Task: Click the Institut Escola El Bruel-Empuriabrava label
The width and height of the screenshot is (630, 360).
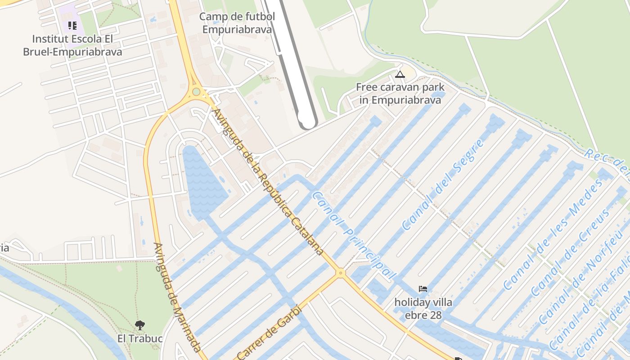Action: (72, 45)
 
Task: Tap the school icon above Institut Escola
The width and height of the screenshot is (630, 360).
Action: (72, 25)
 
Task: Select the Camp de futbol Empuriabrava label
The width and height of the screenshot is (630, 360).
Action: (237, 23)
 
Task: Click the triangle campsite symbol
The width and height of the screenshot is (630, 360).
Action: (400, 74)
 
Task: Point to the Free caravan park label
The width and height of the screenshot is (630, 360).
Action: (400, 94)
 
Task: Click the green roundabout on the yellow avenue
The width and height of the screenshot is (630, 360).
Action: (196, 92)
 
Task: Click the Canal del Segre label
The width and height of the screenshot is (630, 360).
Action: (443, 184)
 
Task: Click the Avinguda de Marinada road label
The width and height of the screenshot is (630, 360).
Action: (177, 297)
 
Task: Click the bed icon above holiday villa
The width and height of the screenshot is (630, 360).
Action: (423, 289)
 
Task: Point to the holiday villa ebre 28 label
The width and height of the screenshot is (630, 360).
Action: (423, 308)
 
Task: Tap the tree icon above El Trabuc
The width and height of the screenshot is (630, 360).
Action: (140, 324)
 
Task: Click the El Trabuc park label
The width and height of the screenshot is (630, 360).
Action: (140, 338)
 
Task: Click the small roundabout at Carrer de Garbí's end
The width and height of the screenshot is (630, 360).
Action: (341, 272)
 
